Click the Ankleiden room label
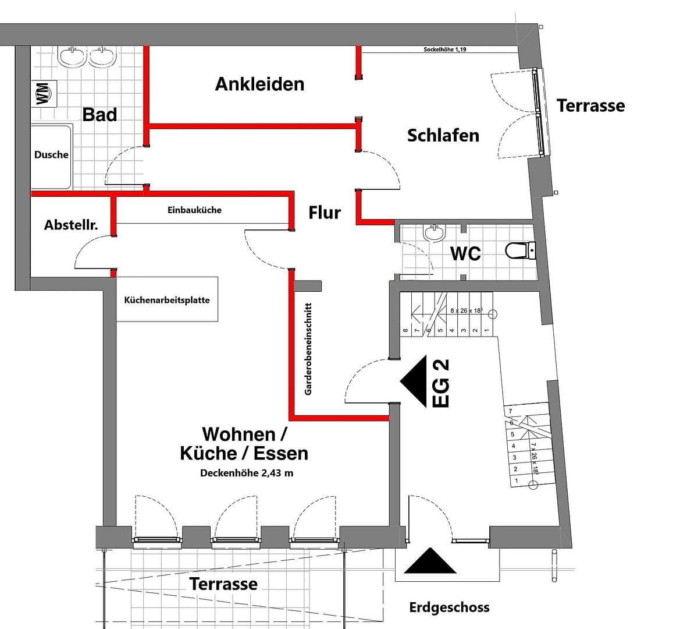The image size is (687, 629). (259, 84)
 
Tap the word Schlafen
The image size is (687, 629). (443, 135)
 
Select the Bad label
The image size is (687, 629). (99, 114)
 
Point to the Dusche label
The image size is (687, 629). (51, 155)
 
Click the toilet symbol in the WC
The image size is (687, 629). (519, 251)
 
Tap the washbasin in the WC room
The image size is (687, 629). (433, 233)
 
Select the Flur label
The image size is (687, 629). (324, 213)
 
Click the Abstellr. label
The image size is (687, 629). (71, 225)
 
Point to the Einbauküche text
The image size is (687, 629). (194, 210)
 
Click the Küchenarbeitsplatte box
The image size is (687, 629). (167, 300)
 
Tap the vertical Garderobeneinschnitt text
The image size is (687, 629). (308, 348)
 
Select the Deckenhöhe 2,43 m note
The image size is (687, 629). (247, 473)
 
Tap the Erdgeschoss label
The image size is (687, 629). (449, 607)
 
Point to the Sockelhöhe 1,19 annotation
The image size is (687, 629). (444, 50)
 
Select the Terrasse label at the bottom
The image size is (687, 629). (223, 584)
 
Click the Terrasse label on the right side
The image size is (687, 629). (590, 105)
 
